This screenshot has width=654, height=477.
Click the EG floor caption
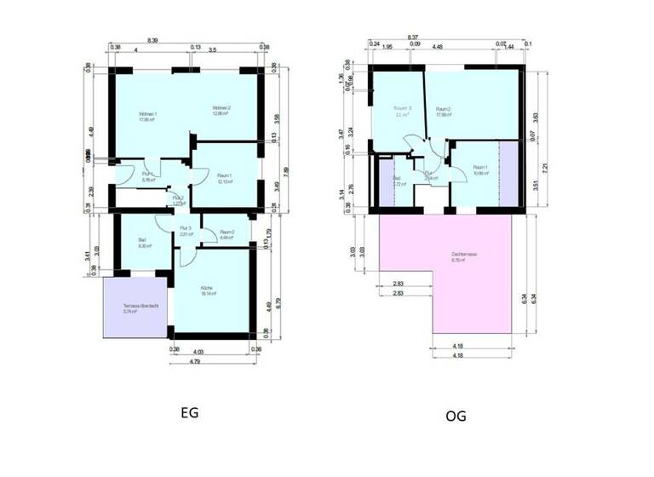[x=189, y=413]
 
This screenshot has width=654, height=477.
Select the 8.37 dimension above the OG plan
[x=413, y=37]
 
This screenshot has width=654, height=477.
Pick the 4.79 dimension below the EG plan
[x=195, y=361]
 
